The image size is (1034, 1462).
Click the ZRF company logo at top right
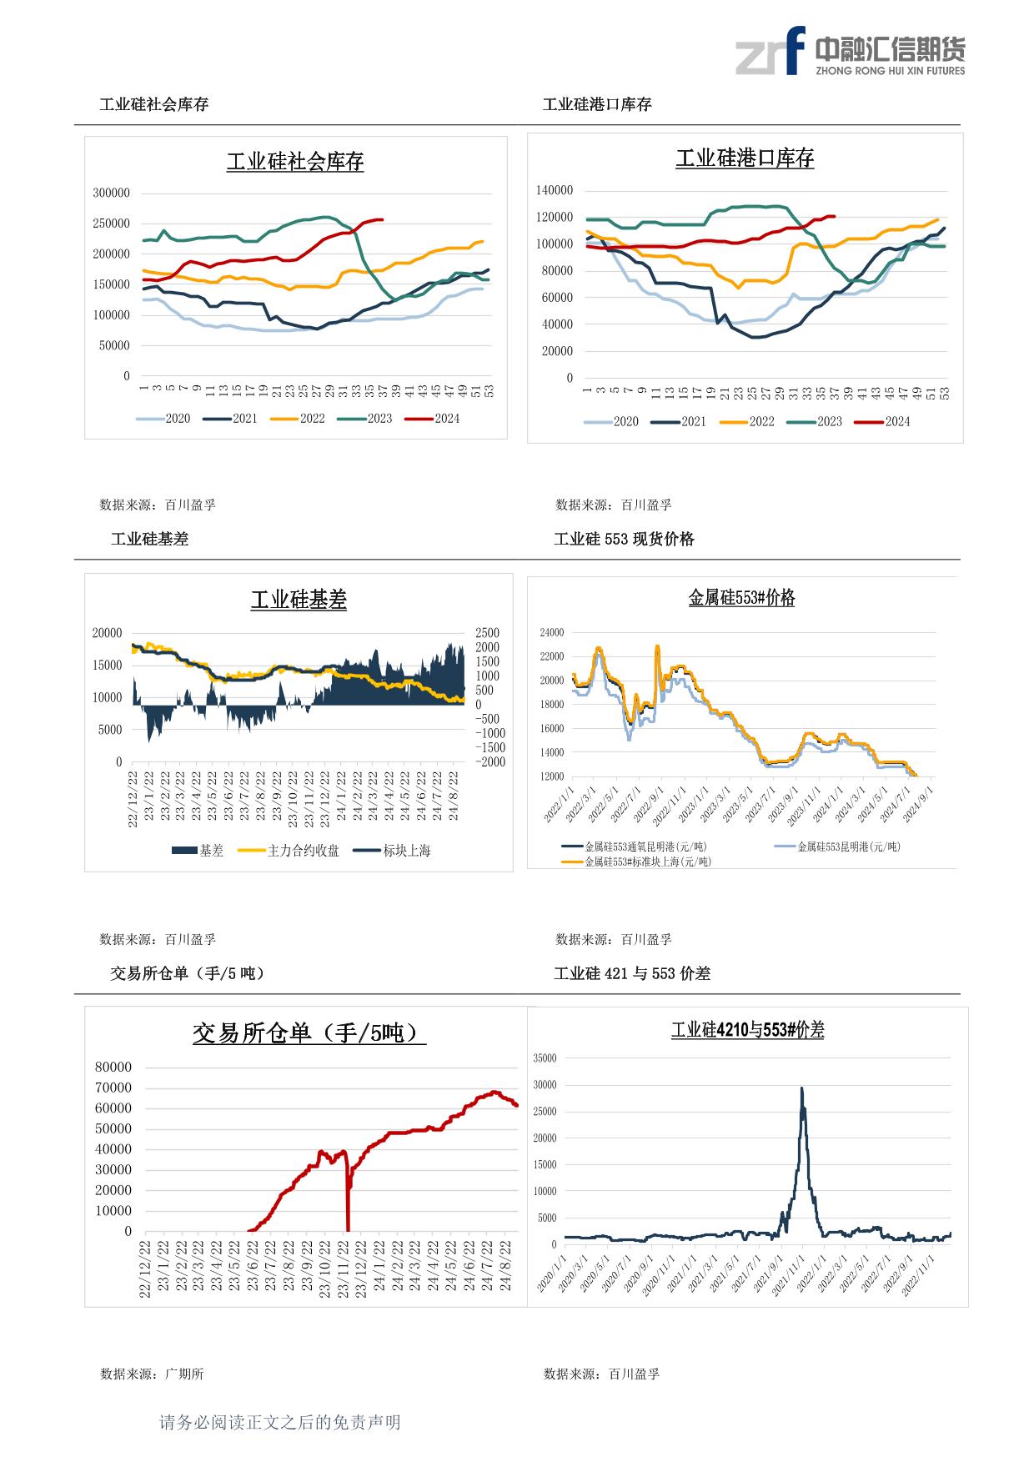click(x=851, y=52)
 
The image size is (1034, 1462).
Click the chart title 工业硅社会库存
click(x=295, y=161)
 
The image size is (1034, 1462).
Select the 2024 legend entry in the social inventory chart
click(x=433, y=419)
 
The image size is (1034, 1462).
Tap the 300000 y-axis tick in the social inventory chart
click(x=111, y=193)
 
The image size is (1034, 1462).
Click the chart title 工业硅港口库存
click(x=745, y=158)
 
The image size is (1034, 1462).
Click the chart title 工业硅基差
click(x=299, y=600)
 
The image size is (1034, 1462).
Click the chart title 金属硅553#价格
click(x=741, y=598)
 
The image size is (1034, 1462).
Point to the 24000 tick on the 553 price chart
click(x=552, y=632)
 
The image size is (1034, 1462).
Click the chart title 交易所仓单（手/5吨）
click(x=309, y=1033)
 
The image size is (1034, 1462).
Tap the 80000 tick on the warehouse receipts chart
click(x=113, y=1067)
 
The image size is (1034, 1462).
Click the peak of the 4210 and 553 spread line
click(x=802, y=1088)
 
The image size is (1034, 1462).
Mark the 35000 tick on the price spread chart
click(x=544, y=1058)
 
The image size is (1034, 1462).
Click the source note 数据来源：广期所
click(x=152, y=1374)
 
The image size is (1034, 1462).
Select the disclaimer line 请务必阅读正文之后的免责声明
click(x=280, y=1422)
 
